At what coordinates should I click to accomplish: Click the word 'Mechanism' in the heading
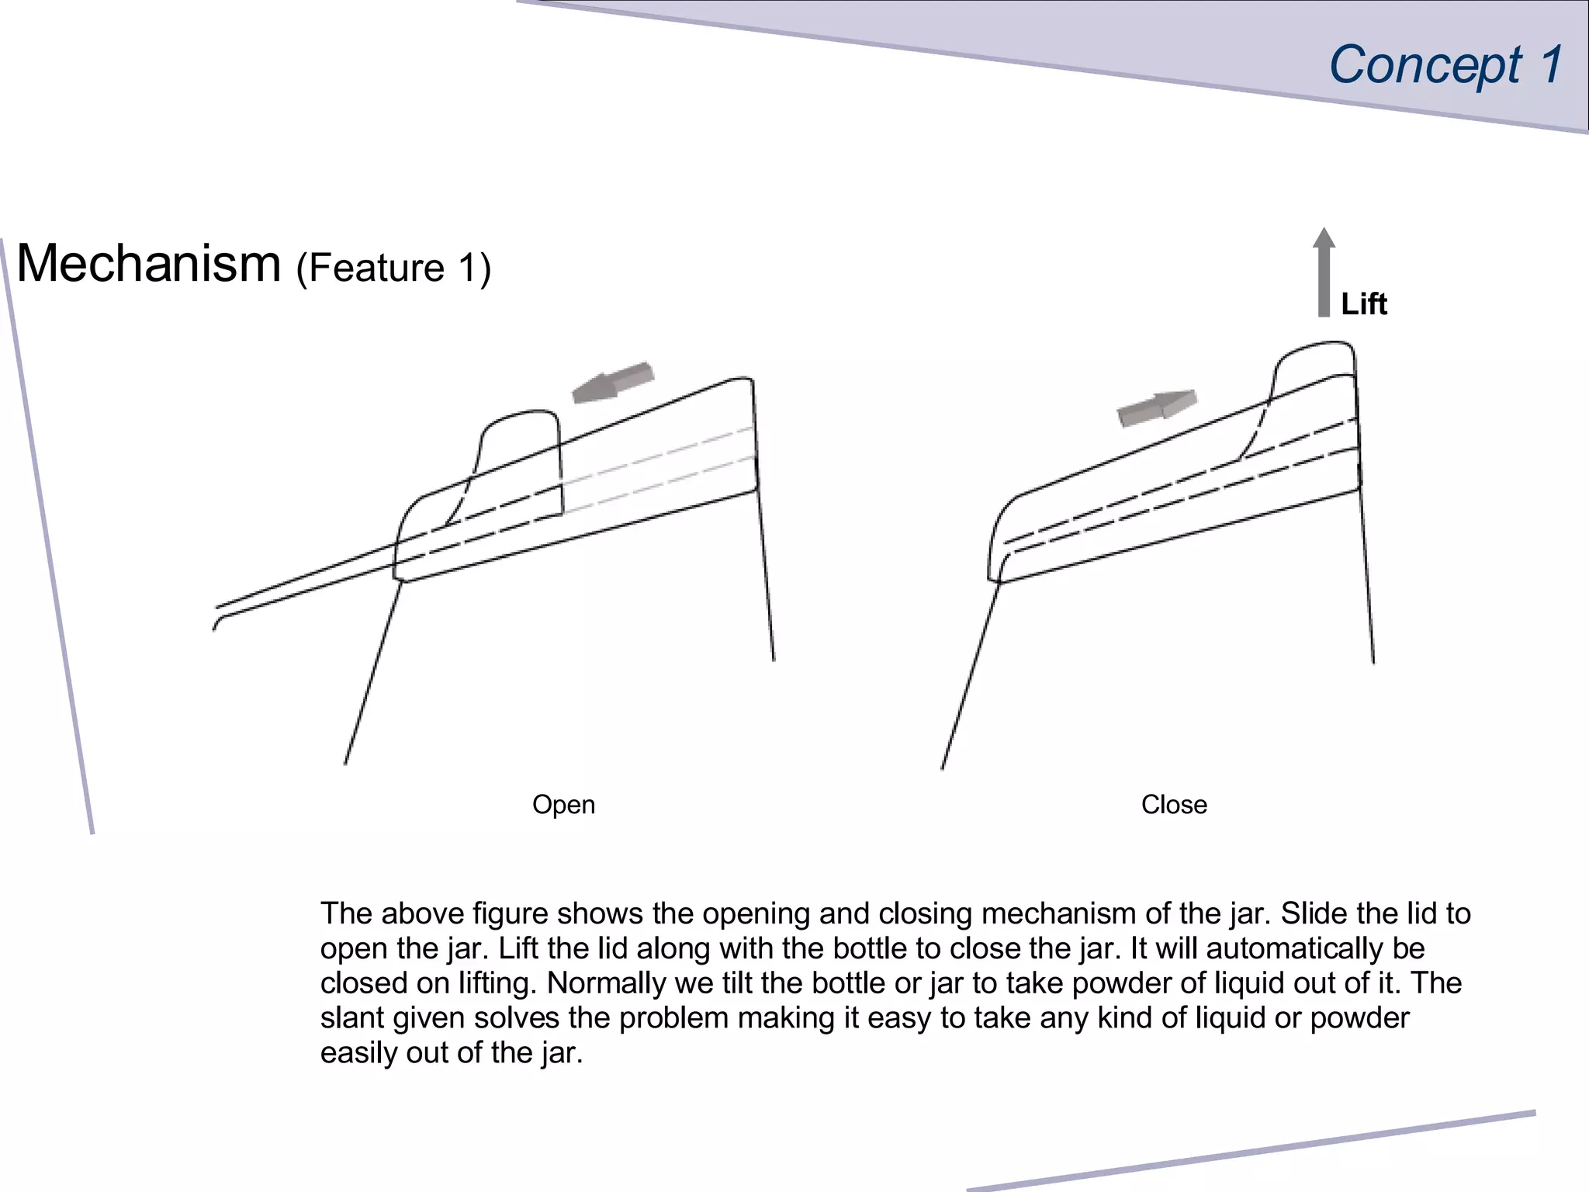click(x=148, y=263)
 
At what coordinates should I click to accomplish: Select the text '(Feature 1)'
click(x=393, y=269)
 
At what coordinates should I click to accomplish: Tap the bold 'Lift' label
click(x=1364, y=303)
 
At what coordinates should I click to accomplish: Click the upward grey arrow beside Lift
click(x=1324, y=272)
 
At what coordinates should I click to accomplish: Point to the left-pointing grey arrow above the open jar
click(x=613, y=382)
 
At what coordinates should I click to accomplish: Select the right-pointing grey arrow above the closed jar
click(x=1157, y=408)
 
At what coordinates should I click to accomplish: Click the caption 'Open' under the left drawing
click(x=563, y=805)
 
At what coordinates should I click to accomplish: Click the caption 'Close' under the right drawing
click(x=1174, y=805)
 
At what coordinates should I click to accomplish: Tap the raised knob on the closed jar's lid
click(x=1311, y=380)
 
